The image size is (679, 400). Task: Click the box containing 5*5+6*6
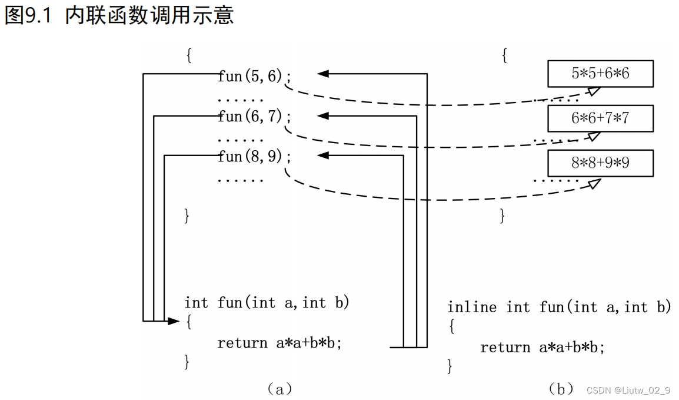(600, 74)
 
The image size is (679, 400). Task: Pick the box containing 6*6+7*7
(600, 118)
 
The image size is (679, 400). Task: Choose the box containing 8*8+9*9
(600, 163)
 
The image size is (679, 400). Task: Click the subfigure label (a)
(279, 388)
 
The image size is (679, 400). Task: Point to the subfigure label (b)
(561, 389)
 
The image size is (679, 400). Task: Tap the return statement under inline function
(542, 348)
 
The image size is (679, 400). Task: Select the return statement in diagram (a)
(279, 343)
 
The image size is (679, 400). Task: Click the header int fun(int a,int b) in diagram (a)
(267, 303)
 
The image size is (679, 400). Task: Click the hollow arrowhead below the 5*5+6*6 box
(594, 91)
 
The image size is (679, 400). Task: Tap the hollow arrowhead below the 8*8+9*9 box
(594, 183)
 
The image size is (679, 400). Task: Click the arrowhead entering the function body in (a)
(173, 321)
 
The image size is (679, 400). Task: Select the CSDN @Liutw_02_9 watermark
(628, 390)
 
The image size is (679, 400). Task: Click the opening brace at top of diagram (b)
(504, 56)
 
